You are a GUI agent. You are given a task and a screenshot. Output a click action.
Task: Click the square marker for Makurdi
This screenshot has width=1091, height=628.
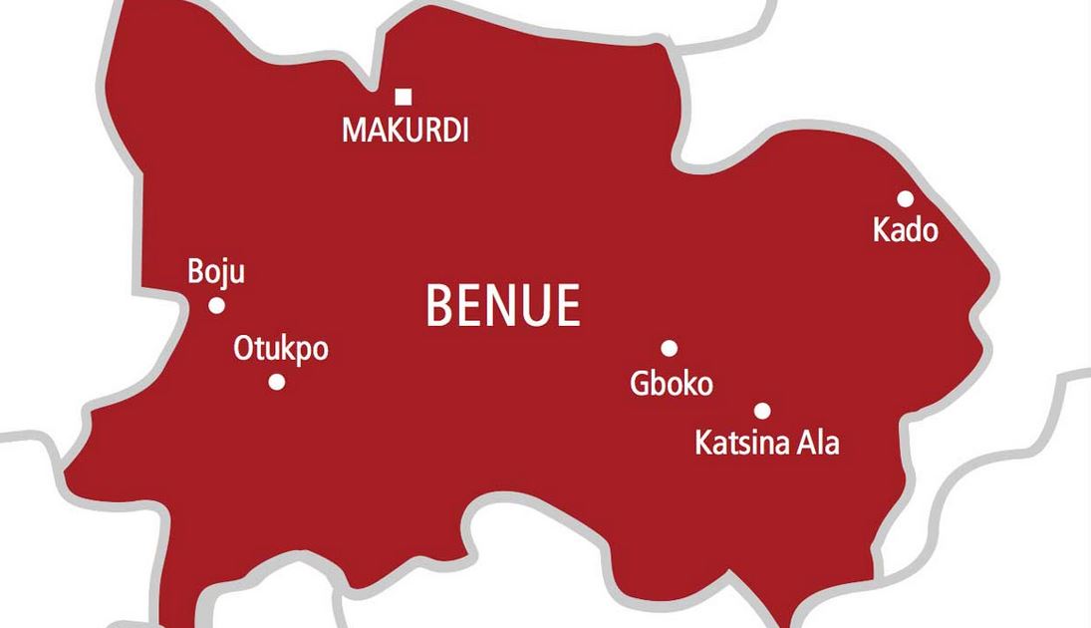pos(404,97)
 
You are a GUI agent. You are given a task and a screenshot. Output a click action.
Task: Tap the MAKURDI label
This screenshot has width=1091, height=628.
pos(405,131)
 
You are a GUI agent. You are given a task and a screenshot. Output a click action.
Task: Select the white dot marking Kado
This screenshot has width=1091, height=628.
pos(905,198)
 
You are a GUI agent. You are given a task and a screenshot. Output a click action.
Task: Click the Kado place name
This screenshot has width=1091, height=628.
pos(906,231)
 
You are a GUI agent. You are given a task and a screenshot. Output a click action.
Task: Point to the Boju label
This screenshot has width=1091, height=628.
pos(216,273)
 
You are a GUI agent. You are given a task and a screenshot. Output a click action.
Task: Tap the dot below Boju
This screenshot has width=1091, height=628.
pos(216,306)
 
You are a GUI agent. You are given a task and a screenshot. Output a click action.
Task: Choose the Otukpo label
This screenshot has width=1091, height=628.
pos(280,350)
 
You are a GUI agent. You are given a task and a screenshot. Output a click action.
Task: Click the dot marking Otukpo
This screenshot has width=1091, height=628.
pos(277,382)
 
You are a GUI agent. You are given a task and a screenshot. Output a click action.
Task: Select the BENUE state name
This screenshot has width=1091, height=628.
pos(502,305)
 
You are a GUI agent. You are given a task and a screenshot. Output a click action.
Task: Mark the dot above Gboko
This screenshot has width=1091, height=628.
pos(670,348)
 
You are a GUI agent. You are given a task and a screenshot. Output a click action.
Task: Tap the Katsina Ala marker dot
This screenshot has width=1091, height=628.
pos(762,411)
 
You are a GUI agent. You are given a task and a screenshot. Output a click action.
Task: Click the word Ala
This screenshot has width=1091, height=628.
pos(817,443)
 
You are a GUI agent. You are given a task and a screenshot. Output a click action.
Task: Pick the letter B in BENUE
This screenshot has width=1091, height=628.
pos(439,305)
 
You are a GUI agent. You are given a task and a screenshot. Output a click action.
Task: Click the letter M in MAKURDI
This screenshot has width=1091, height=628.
pos(354,131)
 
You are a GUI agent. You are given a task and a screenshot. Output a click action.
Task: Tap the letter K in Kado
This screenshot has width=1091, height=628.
pos(881,231)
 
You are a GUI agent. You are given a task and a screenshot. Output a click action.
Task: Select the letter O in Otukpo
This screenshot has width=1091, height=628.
pos(243,350)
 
